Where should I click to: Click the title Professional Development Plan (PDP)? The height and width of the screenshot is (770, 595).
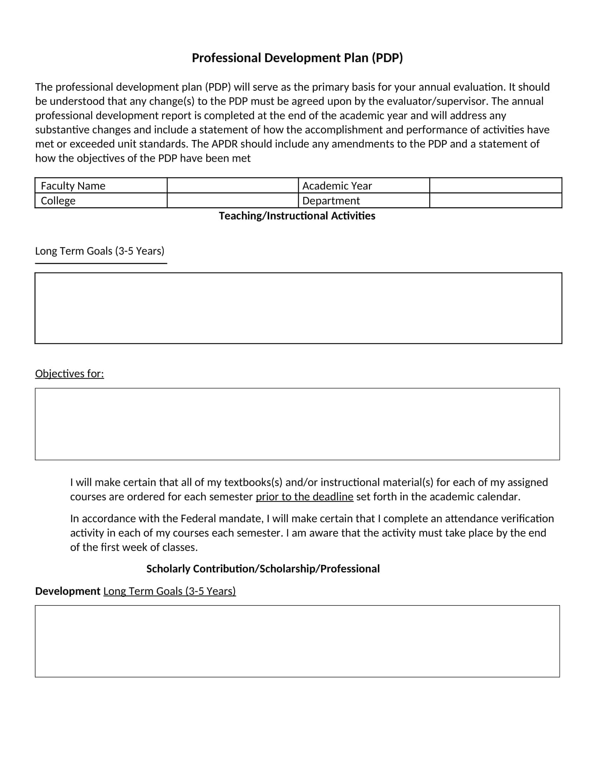(297, 58)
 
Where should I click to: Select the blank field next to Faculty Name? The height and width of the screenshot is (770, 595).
(232, 185)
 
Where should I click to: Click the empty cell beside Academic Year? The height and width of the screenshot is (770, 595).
(495, 185)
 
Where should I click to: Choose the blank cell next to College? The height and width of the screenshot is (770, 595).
(232, 201)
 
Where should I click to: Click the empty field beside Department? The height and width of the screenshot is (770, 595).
(495, 201)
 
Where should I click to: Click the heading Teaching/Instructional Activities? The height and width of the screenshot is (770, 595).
(297, 216)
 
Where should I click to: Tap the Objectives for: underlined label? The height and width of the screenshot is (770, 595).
(69, 374)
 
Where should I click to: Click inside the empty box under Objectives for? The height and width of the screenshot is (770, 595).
(297, 424)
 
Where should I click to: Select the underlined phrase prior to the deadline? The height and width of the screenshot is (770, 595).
(304, 497)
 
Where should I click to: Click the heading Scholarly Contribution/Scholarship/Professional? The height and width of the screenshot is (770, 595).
(263, 569)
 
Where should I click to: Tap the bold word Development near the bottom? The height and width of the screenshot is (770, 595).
(68, 591)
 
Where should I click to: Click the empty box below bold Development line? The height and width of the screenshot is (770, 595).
(297, 641)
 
